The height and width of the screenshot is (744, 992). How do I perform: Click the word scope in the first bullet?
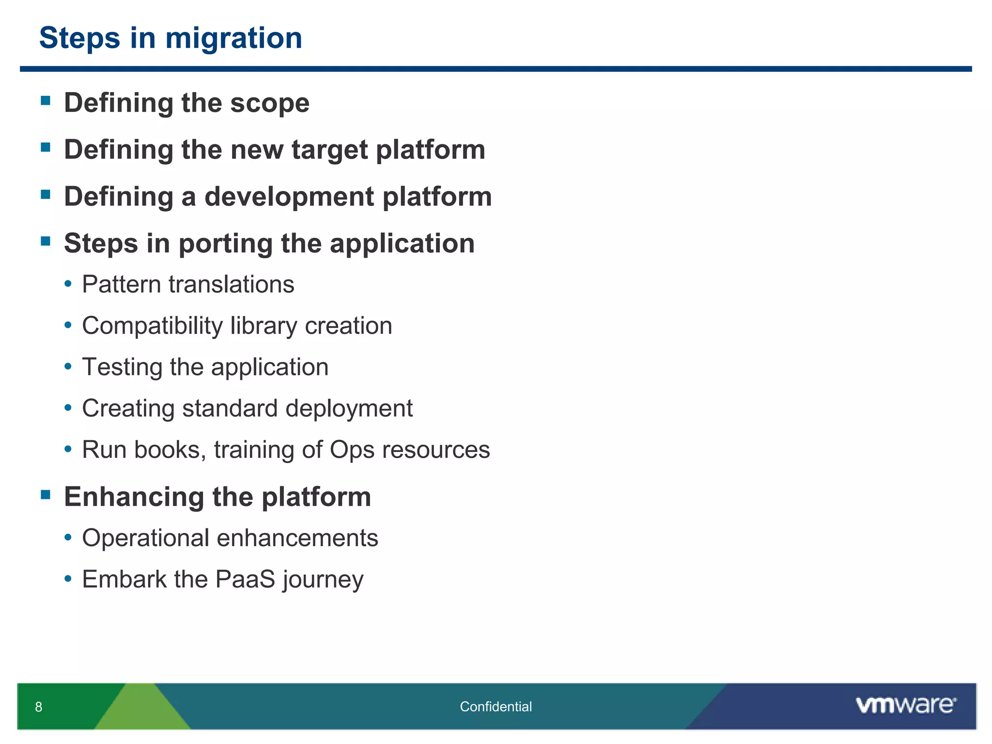tap(269, 104)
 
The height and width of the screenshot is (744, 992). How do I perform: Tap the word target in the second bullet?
tap(329, 150)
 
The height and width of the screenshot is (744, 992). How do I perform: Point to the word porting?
tap(225, 244)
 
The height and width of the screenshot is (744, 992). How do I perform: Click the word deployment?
tap(349, 409)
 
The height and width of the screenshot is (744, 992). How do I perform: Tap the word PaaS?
tap(245, 579)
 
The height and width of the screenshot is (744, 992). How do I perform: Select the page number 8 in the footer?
tap(39, 707)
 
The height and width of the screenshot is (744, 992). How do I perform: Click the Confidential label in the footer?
tap(496, 707)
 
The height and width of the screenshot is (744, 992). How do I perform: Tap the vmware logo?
tap(906, 705)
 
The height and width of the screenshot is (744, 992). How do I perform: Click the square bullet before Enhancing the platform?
tap(46, 495)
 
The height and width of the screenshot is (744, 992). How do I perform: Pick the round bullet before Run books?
tap(68, 449)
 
